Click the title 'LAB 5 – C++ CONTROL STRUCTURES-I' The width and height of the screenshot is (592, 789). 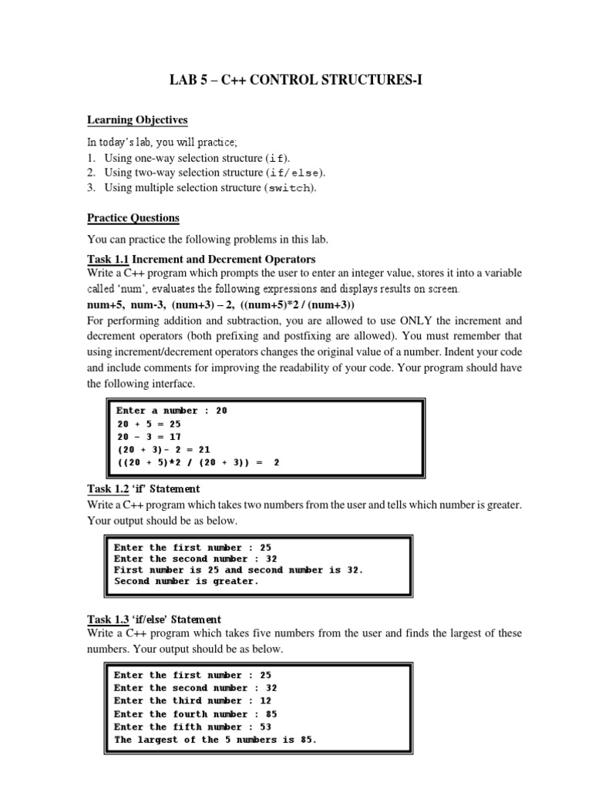[x=296, y=80]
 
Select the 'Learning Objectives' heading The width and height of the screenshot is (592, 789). [x=137, y=120]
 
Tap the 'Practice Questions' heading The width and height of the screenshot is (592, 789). [x=133, y=218]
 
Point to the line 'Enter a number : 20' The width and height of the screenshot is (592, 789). [x=171, y=411]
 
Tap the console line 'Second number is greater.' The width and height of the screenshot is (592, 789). [x=187, y=582]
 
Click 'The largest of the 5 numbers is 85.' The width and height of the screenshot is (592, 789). [x=215, y=740]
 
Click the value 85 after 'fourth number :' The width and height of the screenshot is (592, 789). [x=271, y=713]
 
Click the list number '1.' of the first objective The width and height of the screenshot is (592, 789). [x=91, y=158]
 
